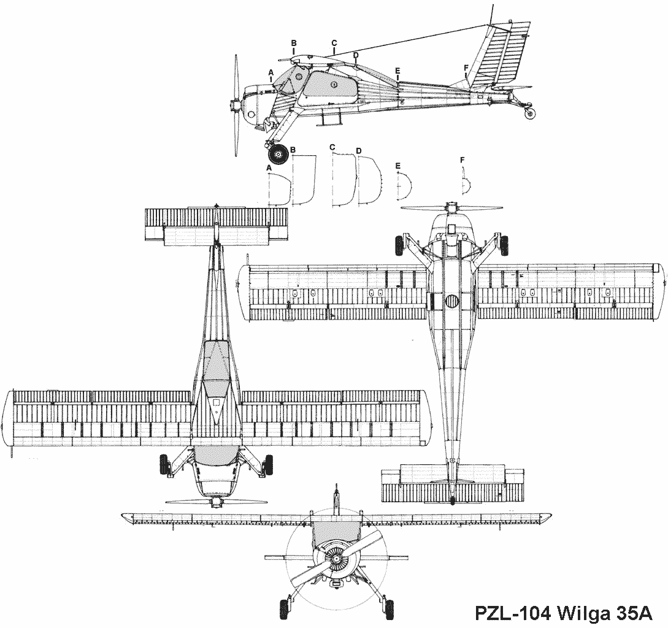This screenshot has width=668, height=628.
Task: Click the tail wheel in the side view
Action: click(x=530, y=113)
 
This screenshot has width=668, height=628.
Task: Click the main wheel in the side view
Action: click(x=278, y=154)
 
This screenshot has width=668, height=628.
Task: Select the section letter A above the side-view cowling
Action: click(x=271, y=72)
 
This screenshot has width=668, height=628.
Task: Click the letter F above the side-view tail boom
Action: click(x=466, y=67)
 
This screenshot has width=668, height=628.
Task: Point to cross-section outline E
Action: click(x=405, y=186)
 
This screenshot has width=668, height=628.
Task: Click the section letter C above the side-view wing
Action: click(x=334, y=43)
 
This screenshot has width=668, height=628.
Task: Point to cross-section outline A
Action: click(x=280, y=190)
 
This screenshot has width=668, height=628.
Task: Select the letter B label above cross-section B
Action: click(x=293, y=150)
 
